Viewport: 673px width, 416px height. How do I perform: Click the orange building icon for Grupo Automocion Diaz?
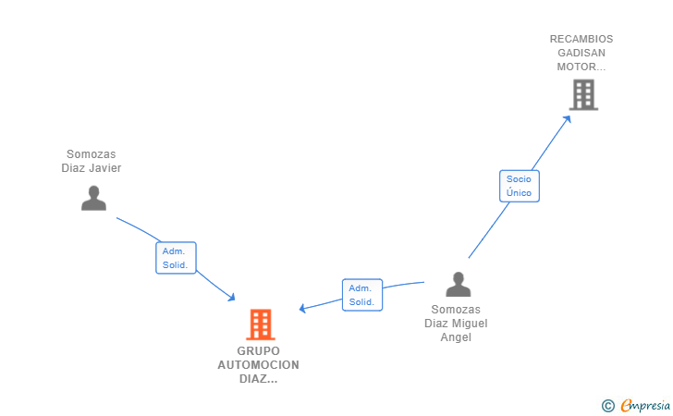point(261,324)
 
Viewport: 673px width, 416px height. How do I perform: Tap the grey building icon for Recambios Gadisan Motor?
point(583,94)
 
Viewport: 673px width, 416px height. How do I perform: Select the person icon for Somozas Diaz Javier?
point(93,198)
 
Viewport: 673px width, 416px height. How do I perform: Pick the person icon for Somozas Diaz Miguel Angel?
point(458,285)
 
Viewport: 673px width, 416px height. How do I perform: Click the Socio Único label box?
point(519,186)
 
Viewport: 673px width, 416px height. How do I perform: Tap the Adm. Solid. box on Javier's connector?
point(175,258)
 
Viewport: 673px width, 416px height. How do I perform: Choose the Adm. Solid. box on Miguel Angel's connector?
point(361,295)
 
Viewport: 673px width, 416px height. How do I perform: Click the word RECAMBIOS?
point(581,39)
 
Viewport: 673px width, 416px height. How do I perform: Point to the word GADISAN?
point(581,53)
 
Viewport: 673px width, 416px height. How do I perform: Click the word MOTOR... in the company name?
point(581,67)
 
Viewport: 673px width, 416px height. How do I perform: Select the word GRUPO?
point(258,351)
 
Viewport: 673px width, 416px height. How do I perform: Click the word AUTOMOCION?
point(258,364)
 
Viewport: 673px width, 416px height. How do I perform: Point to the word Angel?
point(456,337)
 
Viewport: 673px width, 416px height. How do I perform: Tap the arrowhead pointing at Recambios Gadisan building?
point(569,116)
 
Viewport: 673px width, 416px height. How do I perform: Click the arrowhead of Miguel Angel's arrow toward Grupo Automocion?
point(302,309)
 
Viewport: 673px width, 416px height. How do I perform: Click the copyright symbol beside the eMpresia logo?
point(607,405)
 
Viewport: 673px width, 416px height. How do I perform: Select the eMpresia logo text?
point(645,404)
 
